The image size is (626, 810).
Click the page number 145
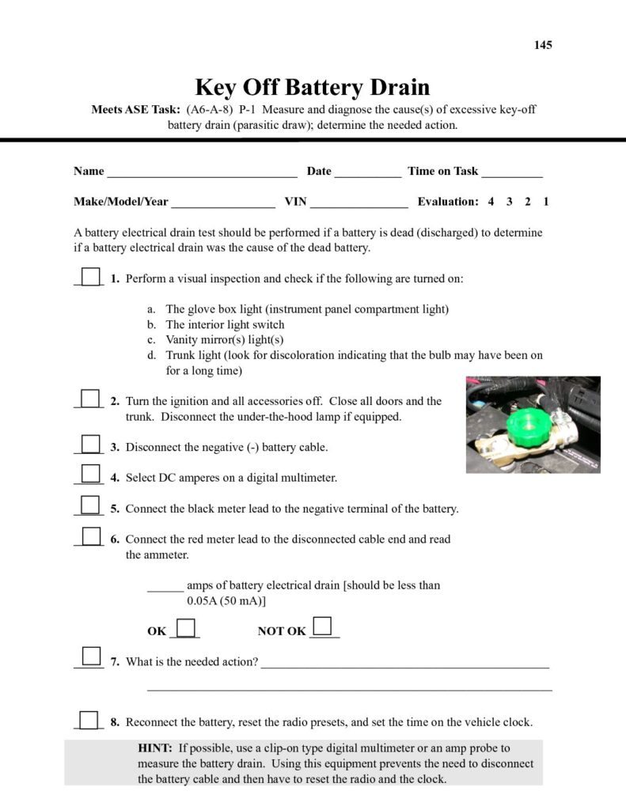tap(543, 45)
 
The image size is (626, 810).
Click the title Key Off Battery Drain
tap(312, 86)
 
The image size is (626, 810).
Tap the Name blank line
tap(202, 172)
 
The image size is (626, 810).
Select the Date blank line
tap(367, 172)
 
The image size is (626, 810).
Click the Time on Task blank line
tap(511, 172)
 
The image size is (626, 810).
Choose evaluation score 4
tap(491, 202)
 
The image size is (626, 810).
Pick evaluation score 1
tap(546, 202)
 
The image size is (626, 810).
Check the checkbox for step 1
tap(91, 277)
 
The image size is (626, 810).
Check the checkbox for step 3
tap(91, 445)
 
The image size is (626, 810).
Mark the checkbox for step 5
tap(91, 506)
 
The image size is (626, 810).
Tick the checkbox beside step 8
tap(91, 720)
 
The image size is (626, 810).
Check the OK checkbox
tap(185, 628)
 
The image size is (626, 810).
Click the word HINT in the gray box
tap(155, 748)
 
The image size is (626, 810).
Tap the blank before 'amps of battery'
tap(165, 586)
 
